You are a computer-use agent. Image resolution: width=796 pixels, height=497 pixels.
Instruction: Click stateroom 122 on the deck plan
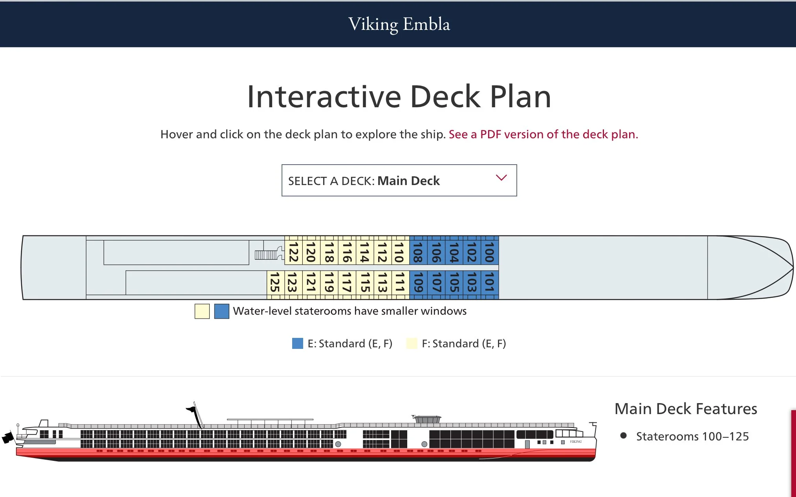point(293,252)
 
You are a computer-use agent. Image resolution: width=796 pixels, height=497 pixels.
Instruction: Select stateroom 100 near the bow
point(489,252)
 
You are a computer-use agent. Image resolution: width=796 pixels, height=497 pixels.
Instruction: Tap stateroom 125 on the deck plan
point(275,282)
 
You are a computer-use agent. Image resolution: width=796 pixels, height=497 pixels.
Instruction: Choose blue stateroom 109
point(418,282)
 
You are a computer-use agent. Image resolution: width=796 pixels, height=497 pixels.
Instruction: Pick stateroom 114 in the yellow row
point(364,252)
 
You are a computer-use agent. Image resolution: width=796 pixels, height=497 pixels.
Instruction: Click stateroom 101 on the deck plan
point(489,282)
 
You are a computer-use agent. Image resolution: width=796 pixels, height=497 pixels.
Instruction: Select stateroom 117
point(347,282)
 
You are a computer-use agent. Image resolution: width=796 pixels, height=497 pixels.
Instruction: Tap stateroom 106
point(436,252)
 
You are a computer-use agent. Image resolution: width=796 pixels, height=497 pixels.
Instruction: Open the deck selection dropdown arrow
point(501,178)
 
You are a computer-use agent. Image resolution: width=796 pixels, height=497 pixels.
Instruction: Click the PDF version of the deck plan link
point(543,134)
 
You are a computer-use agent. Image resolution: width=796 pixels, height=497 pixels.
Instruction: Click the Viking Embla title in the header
point(399,24)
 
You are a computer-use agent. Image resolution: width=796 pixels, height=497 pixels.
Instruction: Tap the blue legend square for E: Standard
point(298,343)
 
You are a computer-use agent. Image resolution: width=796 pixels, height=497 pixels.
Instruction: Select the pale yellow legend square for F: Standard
point(412,343)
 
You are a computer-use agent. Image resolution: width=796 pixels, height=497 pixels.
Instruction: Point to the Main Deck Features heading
point(686,409)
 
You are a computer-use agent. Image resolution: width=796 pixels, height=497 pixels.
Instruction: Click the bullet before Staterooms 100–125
point(623,435)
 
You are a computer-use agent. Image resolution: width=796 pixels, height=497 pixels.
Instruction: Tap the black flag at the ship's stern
point(8,437)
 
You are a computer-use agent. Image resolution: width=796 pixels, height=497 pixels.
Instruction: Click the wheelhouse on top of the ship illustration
point(427,419)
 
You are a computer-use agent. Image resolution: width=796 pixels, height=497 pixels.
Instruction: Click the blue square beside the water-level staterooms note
point(221,311)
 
